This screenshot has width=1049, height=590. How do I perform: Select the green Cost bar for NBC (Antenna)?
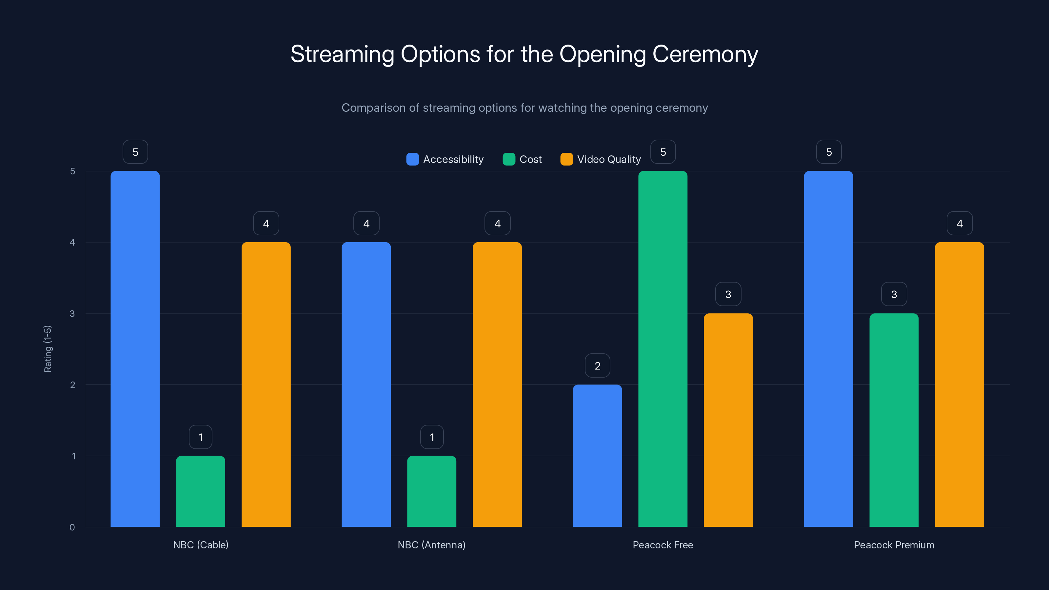click(432, 491)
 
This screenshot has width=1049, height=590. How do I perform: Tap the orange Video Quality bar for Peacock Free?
click(728, 420)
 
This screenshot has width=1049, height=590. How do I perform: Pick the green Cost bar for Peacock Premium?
click(894, 420)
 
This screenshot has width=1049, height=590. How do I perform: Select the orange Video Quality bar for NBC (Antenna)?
click(497, 384)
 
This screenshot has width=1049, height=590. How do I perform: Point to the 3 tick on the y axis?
click(72, 314)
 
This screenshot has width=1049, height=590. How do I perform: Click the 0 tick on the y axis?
click(72, 527)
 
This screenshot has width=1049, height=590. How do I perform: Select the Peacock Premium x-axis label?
click(894, 545)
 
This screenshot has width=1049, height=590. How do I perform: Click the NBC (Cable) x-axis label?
click(201, 545)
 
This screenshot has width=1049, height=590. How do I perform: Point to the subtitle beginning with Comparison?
click(524, 108)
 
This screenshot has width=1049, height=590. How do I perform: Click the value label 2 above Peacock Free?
click(597, 366)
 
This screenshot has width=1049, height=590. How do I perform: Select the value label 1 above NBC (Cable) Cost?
click(200, 437)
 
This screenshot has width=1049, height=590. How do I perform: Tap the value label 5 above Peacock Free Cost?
click(663, 152)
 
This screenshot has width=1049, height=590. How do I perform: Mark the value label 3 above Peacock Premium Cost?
click(894, 294)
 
